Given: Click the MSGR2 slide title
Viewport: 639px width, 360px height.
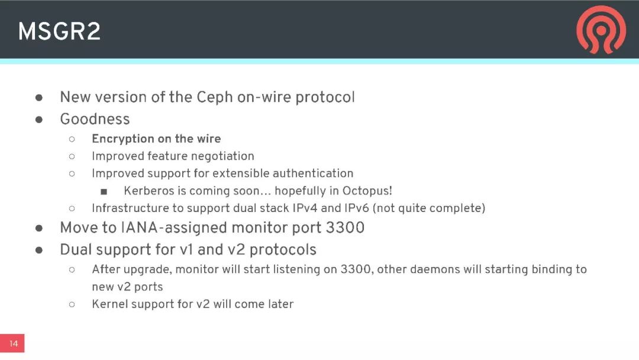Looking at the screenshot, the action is pyautogui.click(x=59, y=31).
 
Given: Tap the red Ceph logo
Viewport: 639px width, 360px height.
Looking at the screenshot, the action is pyautogui.click(x=601, y=30).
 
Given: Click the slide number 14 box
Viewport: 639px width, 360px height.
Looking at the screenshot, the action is pyautogui.click(x=12, y=343).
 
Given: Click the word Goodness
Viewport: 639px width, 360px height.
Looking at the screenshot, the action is pyautogui.click(x=95, y=119).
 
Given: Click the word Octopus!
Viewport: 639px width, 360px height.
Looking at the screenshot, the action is pyautogui.click(x=367, y=191).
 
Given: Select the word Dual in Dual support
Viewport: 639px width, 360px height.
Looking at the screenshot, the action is pyautogui.click(x=76, y=249).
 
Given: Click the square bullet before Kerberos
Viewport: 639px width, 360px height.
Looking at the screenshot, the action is pyautogui.click(x=104, y=191).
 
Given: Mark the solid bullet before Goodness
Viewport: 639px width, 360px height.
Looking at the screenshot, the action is pyautogui.click(x=39, y=119).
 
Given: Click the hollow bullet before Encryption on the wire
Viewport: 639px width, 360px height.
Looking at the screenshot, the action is pyautogui.click(x=72, y=139).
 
